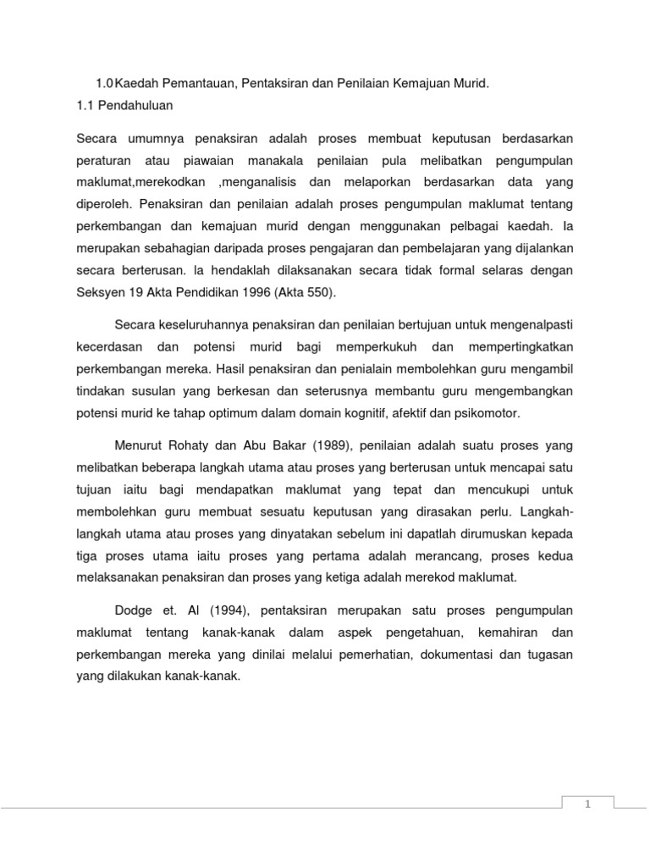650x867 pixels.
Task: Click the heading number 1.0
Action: tap(105, 83)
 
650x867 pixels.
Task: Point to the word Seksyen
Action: tap(101, 293)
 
